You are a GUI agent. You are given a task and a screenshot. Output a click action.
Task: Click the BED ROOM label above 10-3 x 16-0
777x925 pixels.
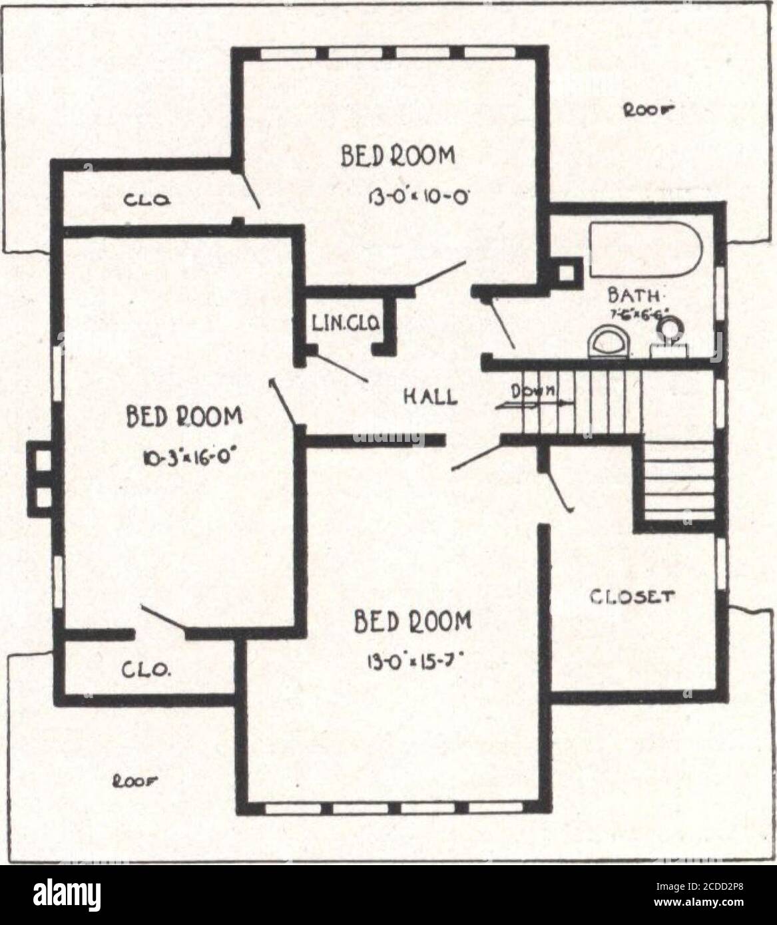[184, 417]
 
